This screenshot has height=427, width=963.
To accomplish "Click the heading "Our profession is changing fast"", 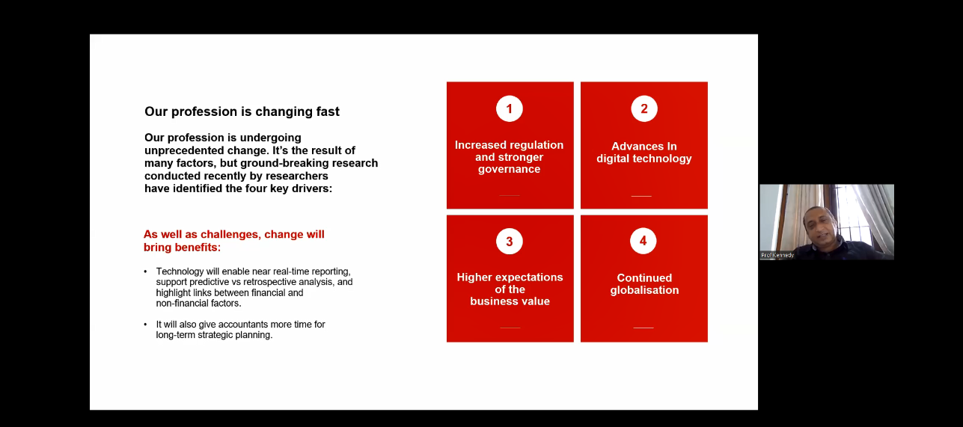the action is click(x=242, y=111).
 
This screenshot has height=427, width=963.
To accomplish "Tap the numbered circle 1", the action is click(x=509, y=108).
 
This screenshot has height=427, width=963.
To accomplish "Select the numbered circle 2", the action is click(x=644, y=108).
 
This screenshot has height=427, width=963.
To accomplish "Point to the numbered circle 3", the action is click(x=509, y=241).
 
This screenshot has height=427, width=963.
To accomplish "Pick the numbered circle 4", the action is click(x=643, y=241).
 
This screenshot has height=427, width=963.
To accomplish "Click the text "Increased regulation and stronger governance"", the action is click(x=509, y=157).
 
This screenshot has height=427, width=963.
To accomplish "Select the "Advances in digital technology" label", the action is click(x=644, y=153).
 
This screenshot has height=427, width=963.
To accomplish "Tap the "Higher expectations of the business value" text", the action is click(x=510, y=289).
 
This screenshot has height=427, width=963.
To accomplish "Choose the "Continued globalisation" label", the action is click(x=644, y=284).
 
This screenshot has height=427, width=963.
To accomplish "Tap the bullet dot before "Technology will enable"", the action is click(x=145, y=271).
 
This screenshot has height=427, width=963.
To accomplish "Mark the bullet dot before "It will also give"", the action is click(x=145, y=325).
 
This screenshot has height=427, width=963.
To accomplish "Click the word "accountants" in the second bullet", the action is click(x=243, y=325).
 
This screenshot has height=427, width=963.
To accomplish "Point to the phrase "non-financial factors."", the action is click(x=198, y=304).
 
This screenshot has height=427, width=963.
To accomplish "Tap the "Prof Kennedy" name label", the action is click(x=777, y=255).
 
